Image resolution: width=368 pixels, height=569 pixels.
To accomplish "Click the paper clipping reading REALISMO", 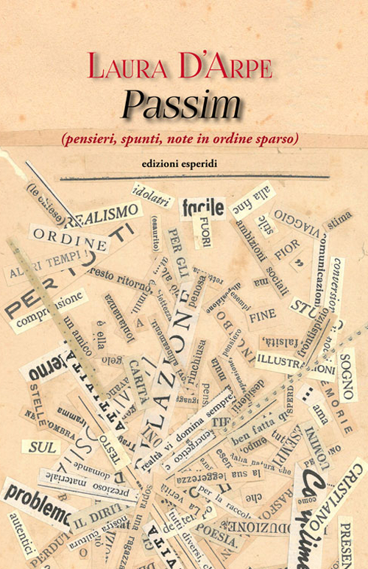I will pos(106,215).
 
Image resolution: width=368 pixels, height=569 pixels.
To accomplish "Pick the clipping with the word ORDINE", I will pos(70,241).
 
